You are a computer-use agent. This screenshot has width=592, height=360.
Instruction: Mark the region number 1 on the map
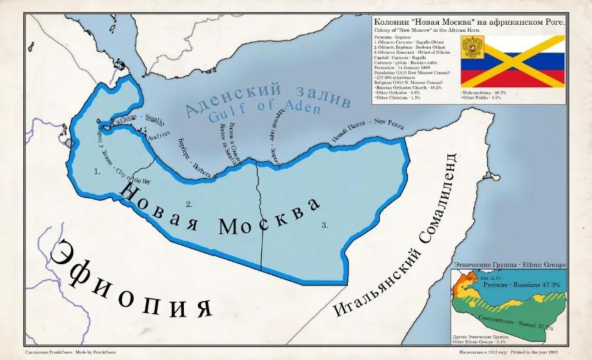pos(97,171)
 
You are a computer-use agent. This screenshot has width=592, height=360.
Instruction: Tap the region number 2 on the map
pos(189,204)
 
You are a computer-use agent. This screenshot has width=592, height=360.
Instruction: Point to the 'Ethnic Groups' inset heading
pos(508,264)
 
